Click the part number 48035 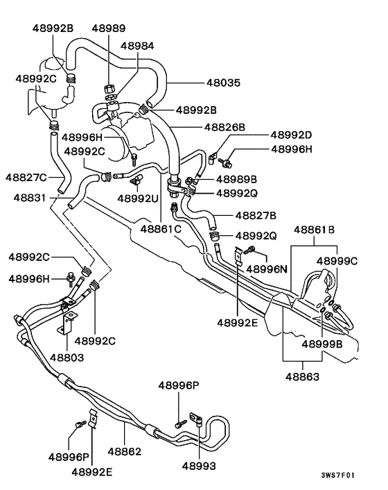click(223, 83)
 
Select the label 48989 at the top click(109, 28)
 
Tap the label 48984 click(137, 46)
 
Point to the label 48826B click(224, 127)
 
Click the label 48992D click(291, 135)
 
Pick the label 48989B click(237, 179)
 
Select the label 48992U click(138, 198)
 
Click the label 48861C click(161, 229)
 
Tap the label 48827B click(256, 216)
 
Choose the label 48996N click(267, 269)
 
